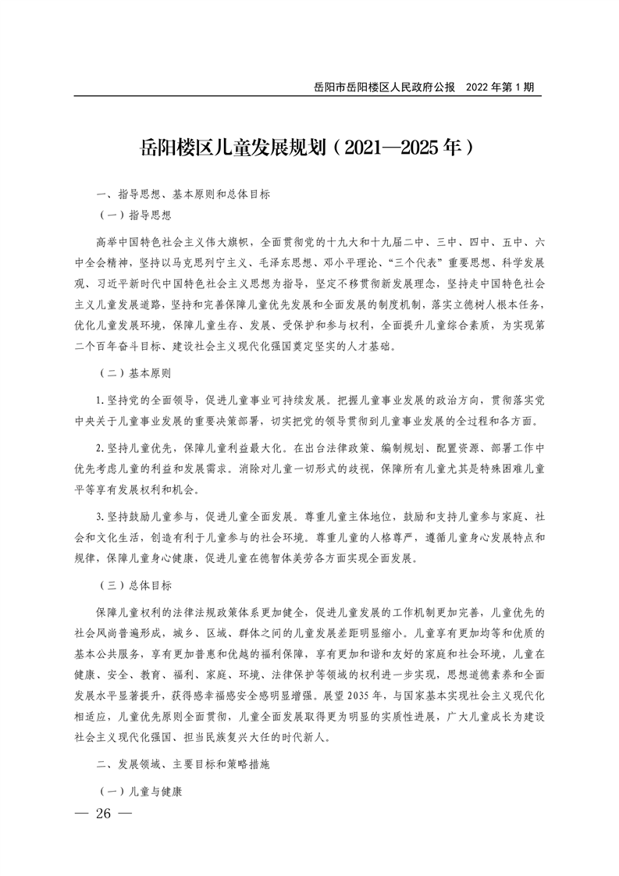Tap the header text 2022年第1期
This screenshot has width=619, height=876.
tap(500, 87)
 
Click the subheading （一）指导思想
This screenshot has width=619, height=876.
tap(135, 212)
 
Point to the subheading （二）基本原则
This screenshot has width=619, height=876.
tap(135, 375)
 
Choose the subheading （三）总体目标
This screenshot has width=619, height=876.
tap(135, 584)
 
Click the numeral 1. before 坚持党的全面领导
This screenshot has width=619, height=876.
tap(99, 401)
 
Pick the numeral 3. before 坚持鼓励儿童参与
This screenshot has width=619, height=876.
tap(99, 516)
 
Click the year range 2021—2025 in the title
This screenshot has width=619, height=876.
tap(388, 147)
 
